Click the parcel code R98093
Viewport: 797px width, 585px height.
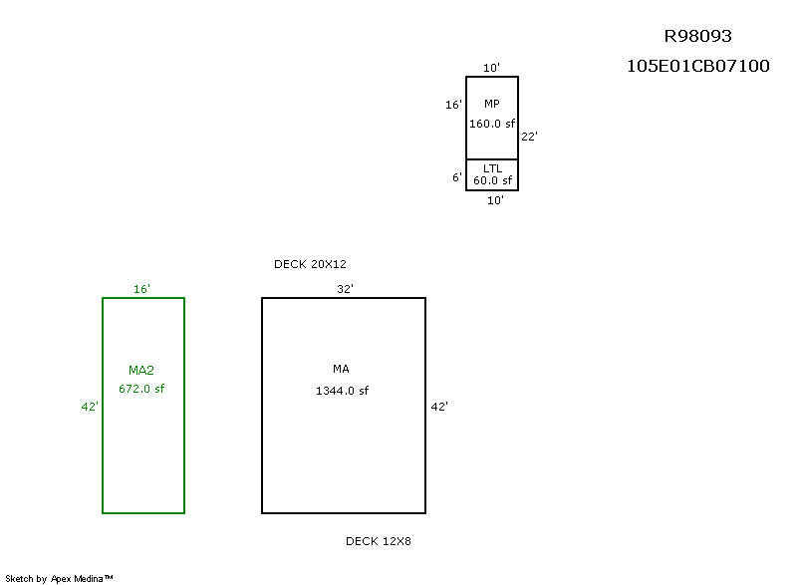pyautogui.click(x=697, y=37)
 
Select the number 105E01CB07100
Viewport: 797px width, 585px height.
pyautogui.click(x=697, y=67)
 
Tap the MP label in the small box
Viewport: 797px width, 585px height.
pyautogui.click(x=492, y=105)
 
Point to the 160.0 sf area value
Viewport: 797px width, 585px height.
pyautogui.click(x=492, y=125)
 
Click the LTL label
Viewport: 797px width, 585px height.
pyautogui.click(x=492, y=168)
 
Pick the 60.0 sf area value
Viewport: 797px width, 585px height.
pyautogui.click(x=492, y=180)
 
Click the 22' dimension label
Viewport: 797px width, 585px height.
pyautogui.click(x=529, y=137)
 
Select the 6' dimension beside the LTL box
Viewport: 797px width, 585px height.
pyautogui.click(x=456, y=177)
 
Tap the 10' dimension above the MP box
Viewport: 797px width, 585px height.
pyautogui.click(x=492, y=68)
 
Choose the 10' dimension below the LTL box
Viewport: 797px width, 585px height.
pyautogui.click(x=495, y=200)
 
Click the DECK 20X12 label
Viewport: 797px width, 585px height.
pyautogui.click(x=310, y=264)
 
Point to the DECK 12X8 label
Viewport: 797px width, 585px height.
pyautogui.click(x=379, y=541)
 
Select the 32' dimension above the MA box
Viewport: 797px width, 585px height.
pyautogui.click(x=346, y=289)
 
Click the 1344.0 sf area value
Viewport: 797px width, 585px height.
pyautogui.click(x=342, y=391)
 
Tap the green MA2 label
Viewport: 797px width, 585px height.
pyautogui.click(x=141, y=371)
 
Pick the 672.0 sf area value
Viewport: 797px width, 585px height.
pyautogui.click(x=141, y=389)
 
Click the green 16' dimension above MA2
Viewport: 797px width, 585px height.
pyautogui.click(x=141, y=289)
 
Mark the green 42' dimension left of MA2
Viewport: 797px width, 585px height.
pyautogui.click(x=90, y=407)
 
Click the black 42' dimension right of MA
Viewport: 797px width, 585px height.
pyautogui.click(x=439, y=407)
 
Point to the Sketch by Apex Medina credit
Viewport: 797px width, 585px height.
pyautogui.click(x=60, y=578)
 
